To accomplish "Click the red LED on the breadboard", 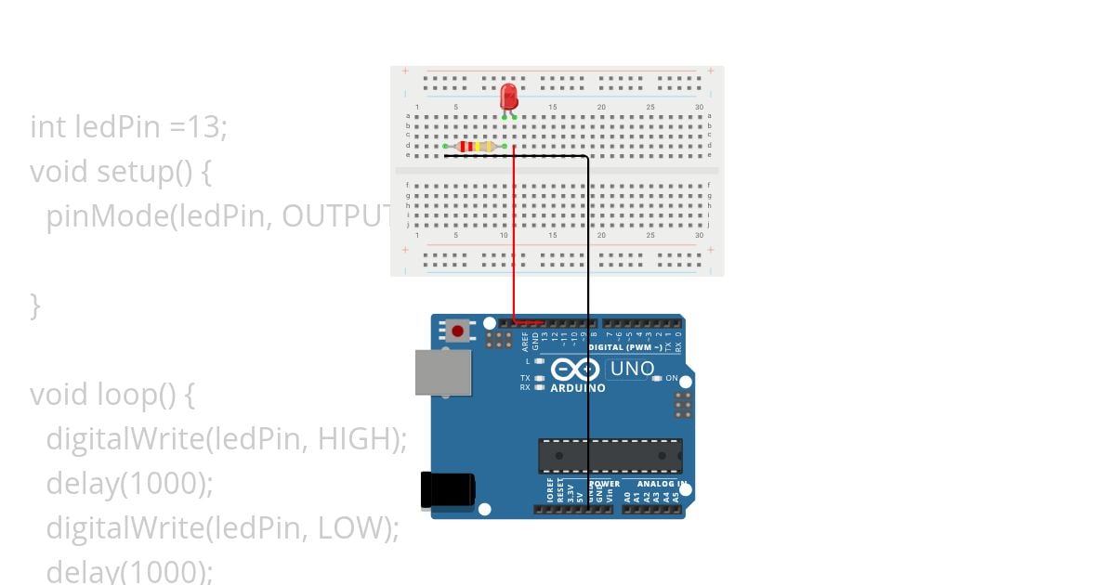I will (x=508, y=96).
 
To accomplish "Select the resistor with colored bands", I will (x=475, y=147).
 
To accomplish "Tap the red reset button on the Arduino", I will (x=457, y=331).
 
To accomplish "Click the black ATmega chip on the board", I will (x=610, y=456).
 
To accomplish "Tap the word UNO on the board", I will (x=632, y=369).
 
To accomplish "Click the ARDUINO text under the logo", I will (x=577, y=388).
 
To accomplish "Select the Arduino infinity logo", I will (x=569, y=370).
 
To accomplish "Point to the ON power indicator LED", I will (x=657, y=379).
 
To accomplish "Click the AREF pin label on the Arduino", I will (x=525, y=341).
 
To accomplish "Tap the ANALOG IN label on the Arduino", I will (x=662, y=484).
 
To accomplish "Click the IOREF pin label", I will (x=550, y=493).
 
